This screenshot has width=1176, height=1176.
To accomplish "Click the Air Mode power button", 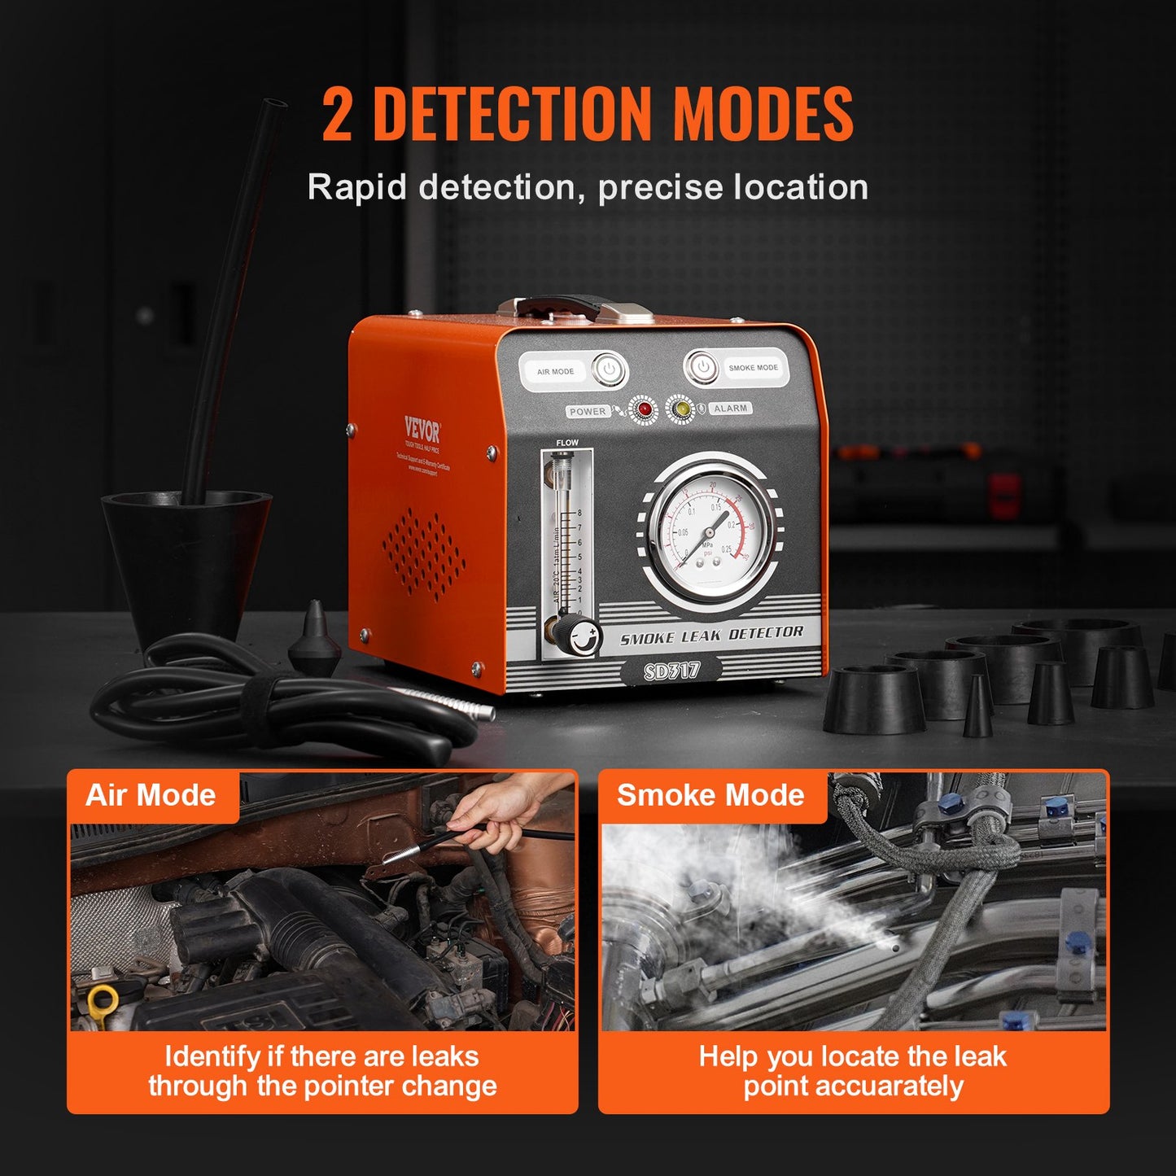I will tap(608, 369).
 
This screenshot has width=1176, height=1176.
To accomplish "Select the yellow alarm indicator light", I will tap(680, 409).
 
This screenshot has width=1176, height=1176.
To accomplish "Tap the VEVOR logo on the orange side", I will tap(422, 430).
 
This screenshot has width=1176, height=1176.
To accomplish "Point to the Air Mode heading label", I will tap(151, 795).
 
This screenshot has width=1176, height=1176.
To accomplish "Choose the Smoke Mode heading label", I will tap(710, 795).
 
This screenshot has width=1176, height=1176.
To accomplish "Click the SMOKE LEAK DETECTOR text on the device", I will tap(711, 635).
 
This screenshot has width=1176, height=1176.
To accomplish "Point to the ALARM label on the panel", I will tap(730, 408).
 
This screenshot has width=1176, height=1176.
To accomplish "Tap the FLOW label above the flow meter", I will tap(567, 443).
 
